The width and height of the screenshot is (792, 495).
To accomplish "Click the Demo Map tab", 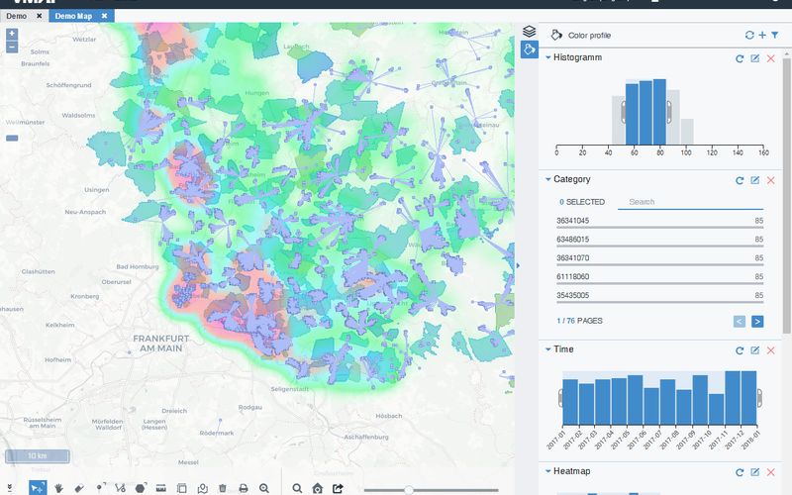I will click(x=74, y=17).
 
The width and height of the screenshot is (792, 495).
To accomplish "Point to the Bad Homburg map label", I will click(x=138, y=266).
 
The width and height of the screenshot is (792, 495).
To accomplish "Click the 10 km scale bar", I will click(x=37, y=455).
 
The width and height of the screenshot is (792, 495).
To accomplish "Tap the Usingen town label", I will click(x=96, y=189).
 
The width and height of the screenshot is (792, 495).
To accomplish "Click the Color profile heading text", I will click(x=589, y=35).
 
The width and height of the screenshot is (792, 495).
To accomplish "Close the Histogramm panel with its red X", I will click(x=770, y=59).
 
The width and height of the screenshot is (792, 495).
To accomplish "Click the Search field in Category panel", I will click(x=675, y=202).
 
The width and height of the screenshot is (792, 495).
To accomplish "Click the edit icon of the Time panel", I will click(x=754, y=350).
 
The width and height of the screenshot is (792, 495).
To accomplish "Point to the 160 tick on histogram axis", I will click(x=762, y=152).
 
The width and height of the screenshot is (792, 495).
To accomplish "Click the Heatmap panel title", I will click(x=571, y=471).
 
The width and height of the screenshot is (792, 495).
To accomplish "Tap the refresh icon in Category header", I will click(x=739, y=180).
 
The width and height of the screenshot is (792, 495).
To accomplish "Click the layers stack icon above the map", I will click(x=530, y=32).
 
